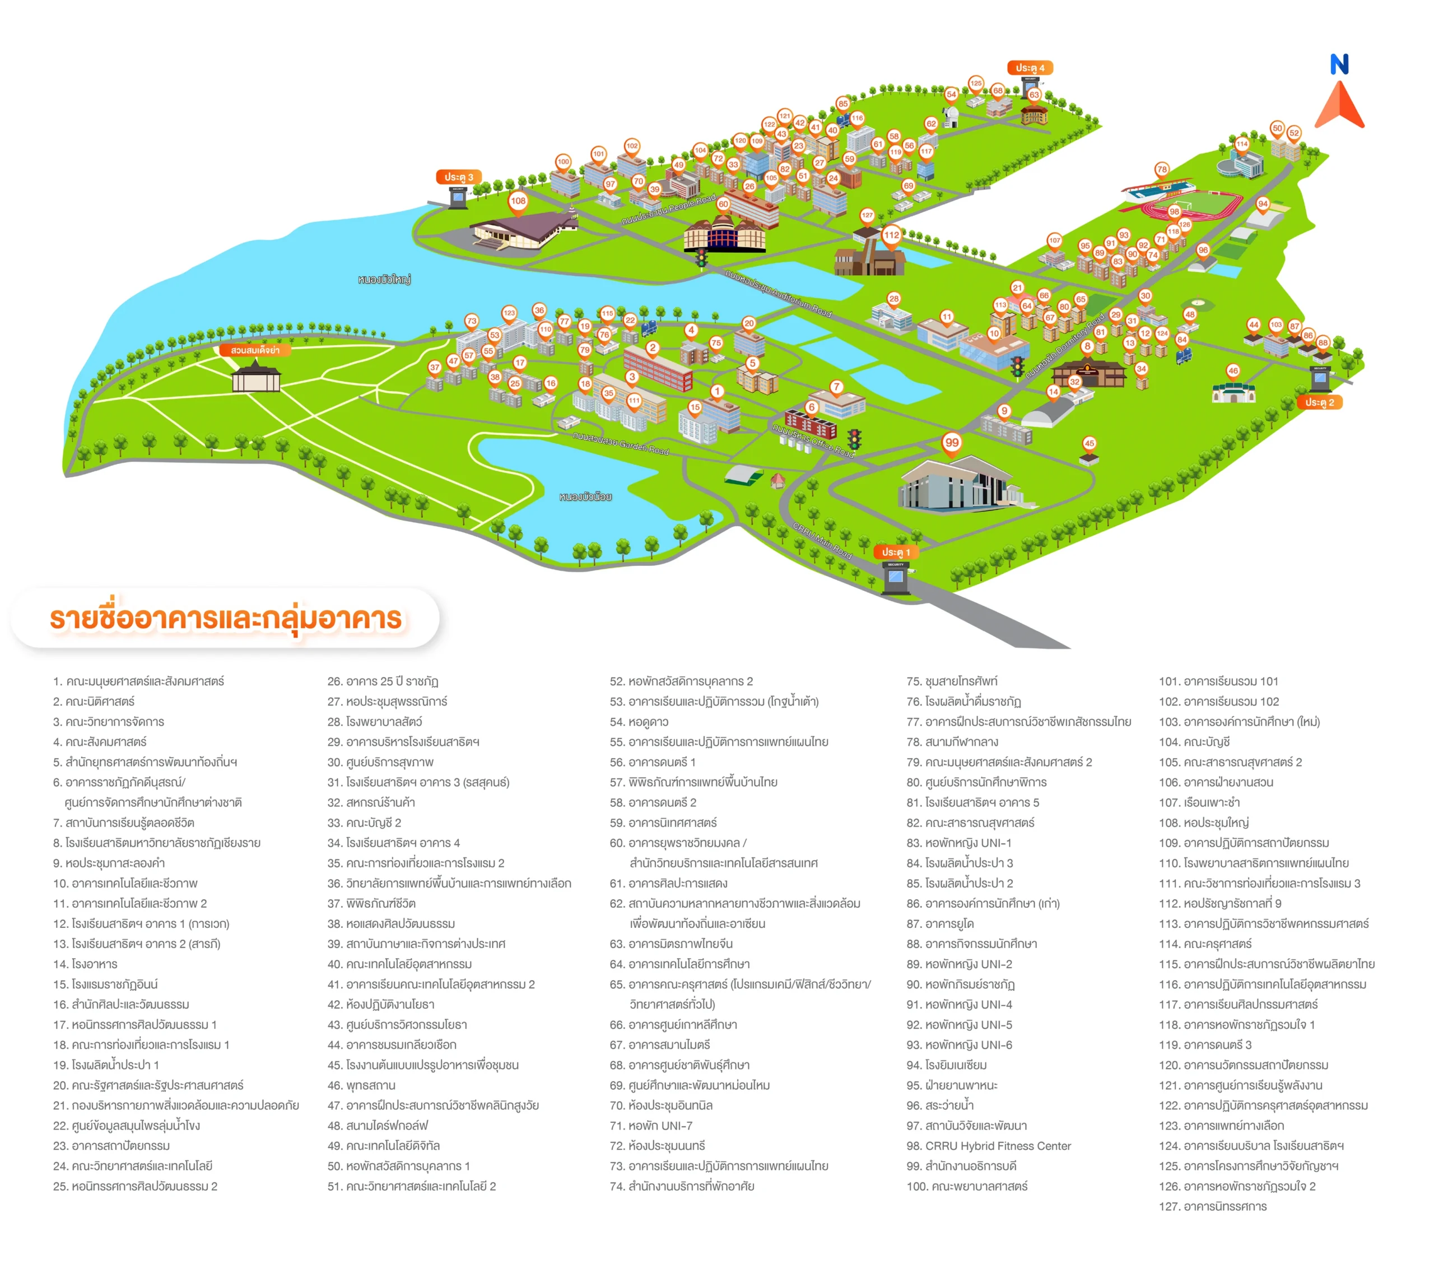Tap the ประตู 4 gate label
[x=1030, y=68]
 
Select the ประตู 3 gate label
[x=458, y=177]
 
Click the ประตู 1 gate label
[x=896, y=552]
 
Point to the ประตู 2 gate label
[x=1319, y=402]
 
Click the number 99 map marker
[x=951, y=443]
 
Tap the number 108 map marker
[x=518, y=201]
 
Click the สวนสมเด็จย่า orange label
[x=255, y=350]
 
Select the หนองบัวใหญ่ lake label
[x=384, y=279]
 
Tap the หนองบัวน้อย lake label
[x=585, y=497]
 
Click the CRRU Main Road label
[x=822, y=540]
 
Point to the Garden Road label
[x=620, y=443]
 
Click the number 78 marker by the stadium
[x=1162, y=170]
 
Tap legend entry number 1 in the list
[x=138, y=681]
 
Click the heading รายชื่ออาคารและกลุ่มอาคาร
[x=226, y=619]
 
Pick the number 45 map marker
[x=1089, y=443]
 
